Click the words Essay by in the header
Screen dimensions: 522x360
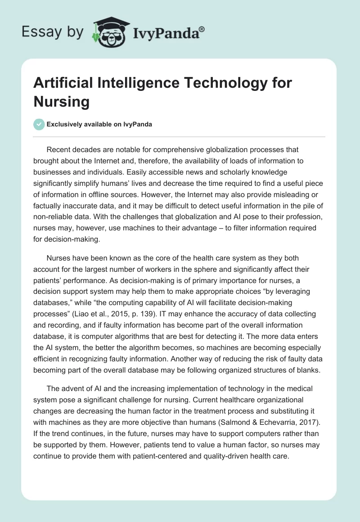click(52, 31)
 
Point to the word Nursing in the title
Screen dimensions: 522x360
click(62, 101)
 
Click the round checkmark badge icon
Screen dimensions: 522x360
click(39, 124)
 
